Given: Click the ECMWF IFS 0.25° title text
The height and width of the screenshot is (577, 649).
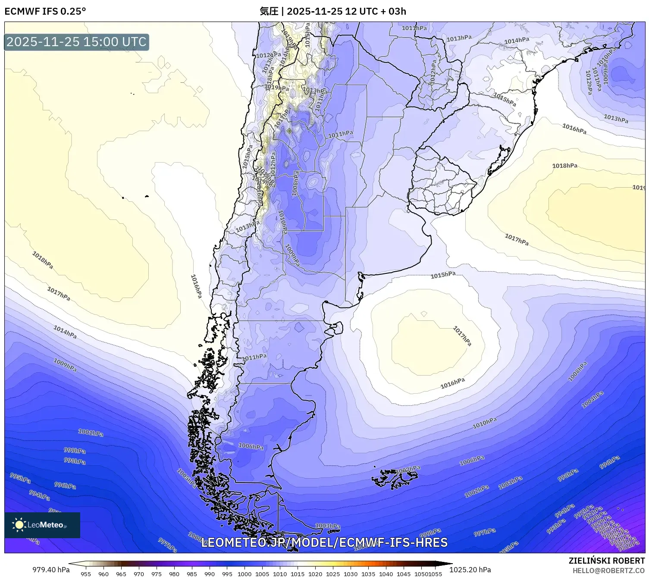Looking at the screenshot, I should click(45, 11).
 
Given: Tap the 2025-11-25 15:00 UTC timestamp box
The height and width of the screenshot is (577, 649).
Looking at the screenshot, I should click(76, 42).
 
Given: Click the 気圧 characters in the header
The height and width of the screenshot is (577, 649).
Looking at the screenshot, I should click(269, 11).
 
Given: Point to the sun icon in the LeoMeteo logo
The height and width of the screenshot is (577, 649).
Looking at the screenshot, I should click(19, 525).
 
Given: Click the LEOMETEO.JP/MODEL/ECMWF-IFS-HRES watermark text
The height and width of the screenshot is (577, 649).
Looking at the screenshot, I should click(324, 543).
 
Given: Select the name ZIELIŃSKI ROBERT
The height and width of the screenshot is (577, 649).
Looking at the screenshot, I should click(607, 561).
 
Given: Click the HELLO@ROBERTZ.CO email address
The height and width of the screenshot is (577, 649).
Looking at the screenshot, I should click(608, 571).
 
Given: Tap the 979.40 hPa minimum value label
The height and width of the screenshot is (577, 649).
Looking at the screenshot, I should click(51, 570).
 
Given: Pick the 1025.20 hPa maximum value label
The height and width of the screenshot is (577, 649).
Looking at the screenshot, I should click(470, 570).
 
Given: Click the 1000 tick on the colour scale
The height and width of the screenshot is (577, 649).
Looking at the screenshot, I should click(245, 574).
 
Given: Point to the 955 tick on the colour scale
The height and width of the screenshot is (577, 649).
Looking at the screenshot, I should click(86, 574).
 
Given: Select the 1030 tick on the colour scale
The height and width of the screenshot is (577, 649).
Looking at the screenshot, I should click(351, 574).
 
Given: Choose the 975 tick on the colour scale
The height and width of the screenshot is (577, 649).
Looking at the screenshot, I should click(157, 574).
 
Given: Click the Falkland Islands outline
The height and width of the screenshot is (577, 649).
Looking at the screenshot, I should click(395, 478).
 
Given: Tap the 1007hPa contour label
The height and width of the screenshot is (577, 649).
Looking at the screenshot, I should click(408, 469).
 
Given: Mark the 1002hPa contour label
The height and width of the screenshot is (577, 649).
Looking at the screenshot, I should click(477, 491).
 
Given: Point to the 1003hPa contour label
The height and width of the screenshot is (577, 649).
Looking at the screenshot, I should click(328, 526).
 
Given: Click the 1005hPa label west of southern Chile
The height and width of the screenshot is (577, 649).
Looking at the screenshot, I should click(187, 478).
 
